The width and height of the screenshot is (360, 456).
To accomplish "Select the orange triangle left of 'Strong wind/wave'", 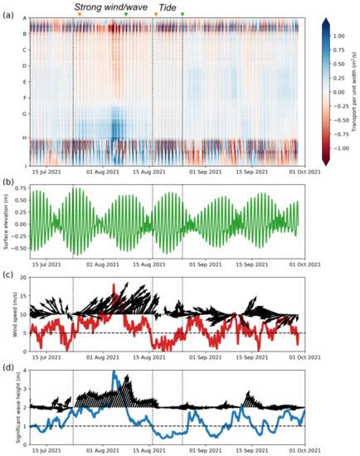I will pos(80,15).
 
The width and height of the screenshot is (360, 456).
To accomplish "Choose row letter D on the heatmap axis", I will pos(25,65).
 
